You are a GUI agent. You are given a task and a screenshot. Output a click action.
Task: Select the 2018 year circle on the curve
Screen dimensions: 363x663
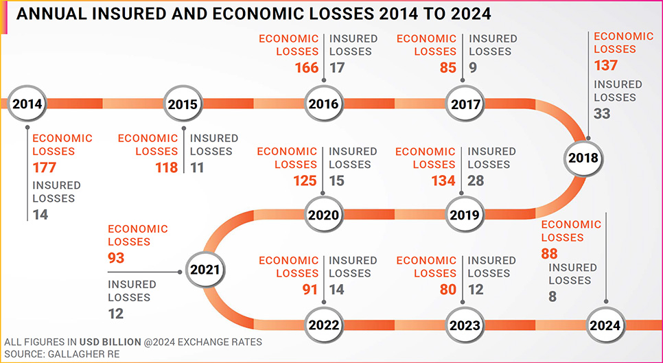coord(583,158)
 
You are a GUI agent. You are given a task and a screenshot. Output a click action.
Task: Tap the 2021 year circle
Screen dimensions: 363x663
coord(204,270)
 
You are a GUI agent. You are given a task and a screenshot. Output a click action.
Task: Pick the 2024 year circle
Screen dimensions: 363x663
coord(607,325)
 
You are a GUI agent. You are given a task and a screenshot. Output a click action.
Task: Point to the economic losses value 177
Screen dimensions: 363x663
coord(45,168)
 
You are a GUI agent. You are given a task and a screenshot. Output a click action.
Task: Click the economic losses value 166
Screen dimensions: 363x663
coord(307,68)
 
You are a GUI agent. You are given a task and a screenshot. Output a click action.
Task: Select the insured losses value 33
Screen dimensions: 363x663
coord(602,114)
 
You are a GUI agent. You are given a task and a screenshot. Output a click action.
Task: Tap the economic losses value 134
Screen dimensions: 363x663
coord(443,180)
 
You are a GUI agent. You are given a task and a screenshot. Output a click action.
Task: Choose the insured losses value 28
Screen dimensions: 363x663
coord(476,180)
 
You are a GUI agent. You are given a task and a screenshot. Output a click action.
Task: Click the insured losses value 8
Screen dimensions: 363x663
coord(552,297)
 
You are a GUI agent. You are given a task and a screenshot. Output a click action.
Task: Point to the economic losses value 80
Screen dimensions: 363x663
coord(447,290)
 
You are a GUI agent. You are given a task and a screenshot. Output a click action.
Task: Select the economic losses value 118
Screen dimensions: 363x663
coord(166,168)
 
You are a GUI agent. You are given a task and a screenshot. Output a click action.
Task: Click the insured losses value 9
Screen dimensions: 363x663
coord(473,68)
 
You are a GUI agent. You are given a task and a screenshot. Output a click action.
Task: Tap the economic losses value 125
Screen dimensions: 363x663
coord(305,180)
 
